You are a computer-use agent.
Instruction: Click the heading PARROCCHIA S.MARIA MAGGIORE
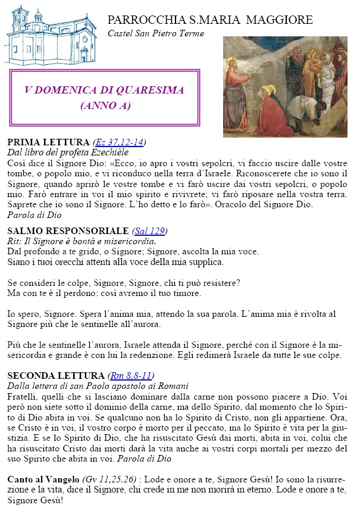[x=210, y=20]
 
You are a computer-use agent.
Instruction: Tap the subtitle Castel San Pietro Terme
[x=155, y=33]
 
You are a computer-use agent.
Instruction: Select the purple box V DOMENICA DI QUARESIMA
[x=105, y=98]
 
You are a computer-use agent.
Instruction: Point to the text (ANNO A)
[x=105, y=106]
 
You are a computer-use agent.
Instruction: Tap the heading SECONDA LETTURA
[x=56, y=375]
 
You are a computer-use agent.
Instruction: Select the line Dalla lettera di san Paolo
[x=89, y=385]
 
